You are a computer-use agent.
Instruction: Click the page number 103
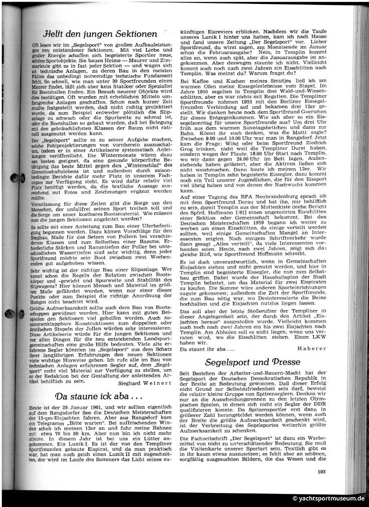323,484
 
